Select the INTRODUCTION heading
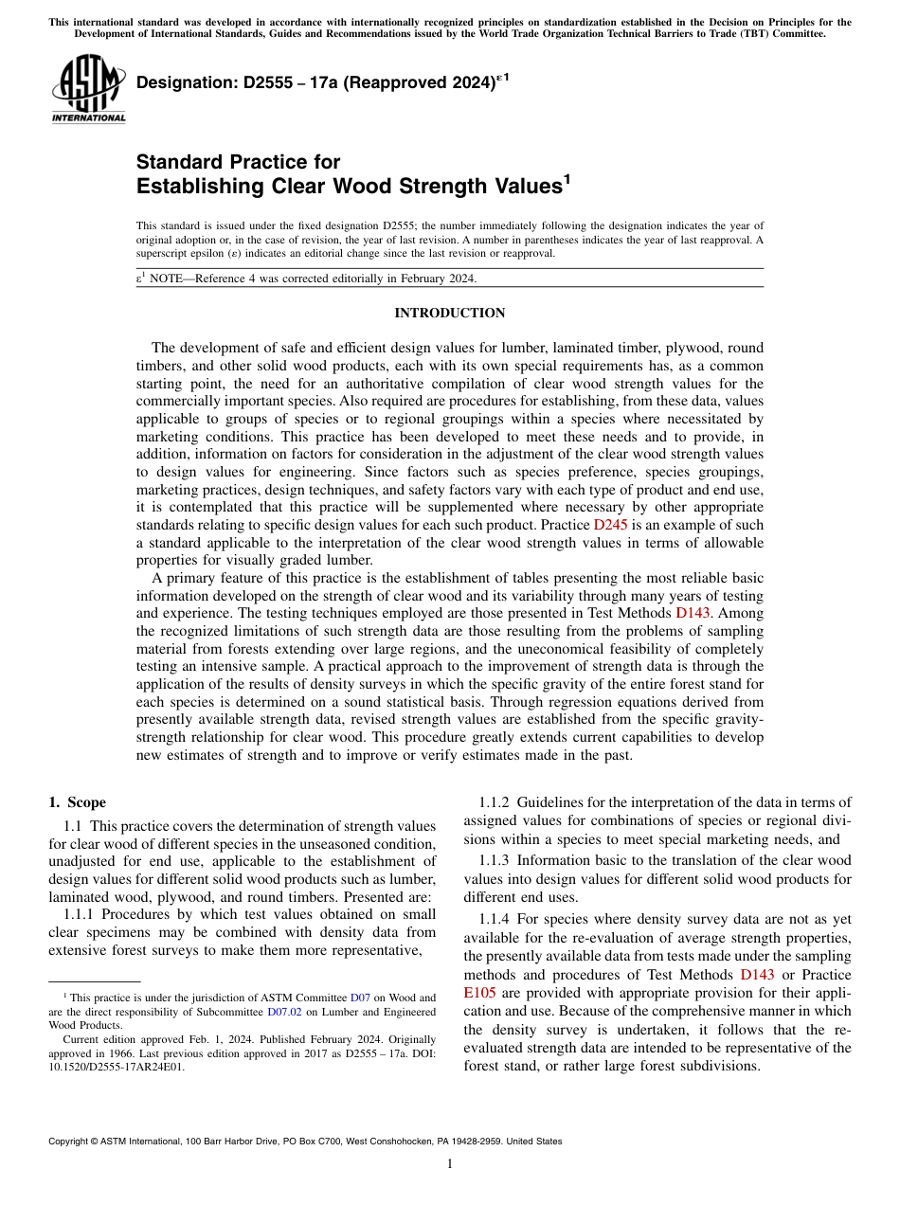(449, 314)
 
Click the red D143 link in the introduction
(693, 613)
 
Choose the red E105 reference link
(479, 993)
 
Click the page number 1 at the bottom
(450, 1164)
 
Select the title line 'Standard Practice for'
(238, 162)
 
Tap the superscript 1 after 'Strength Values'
(567, 179)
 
